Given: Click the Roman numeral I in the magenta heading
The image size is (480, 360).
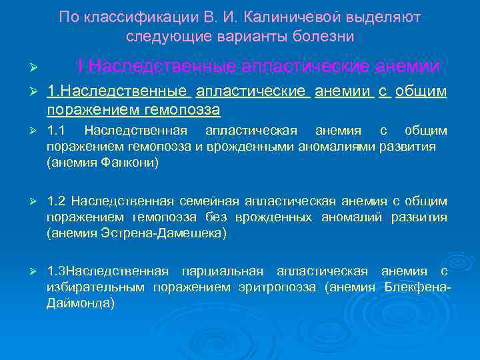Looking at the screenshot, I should click(x=80, y=67).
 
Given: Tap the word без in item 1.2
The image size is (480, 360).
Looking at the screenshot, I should click(x=216, y=217).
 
